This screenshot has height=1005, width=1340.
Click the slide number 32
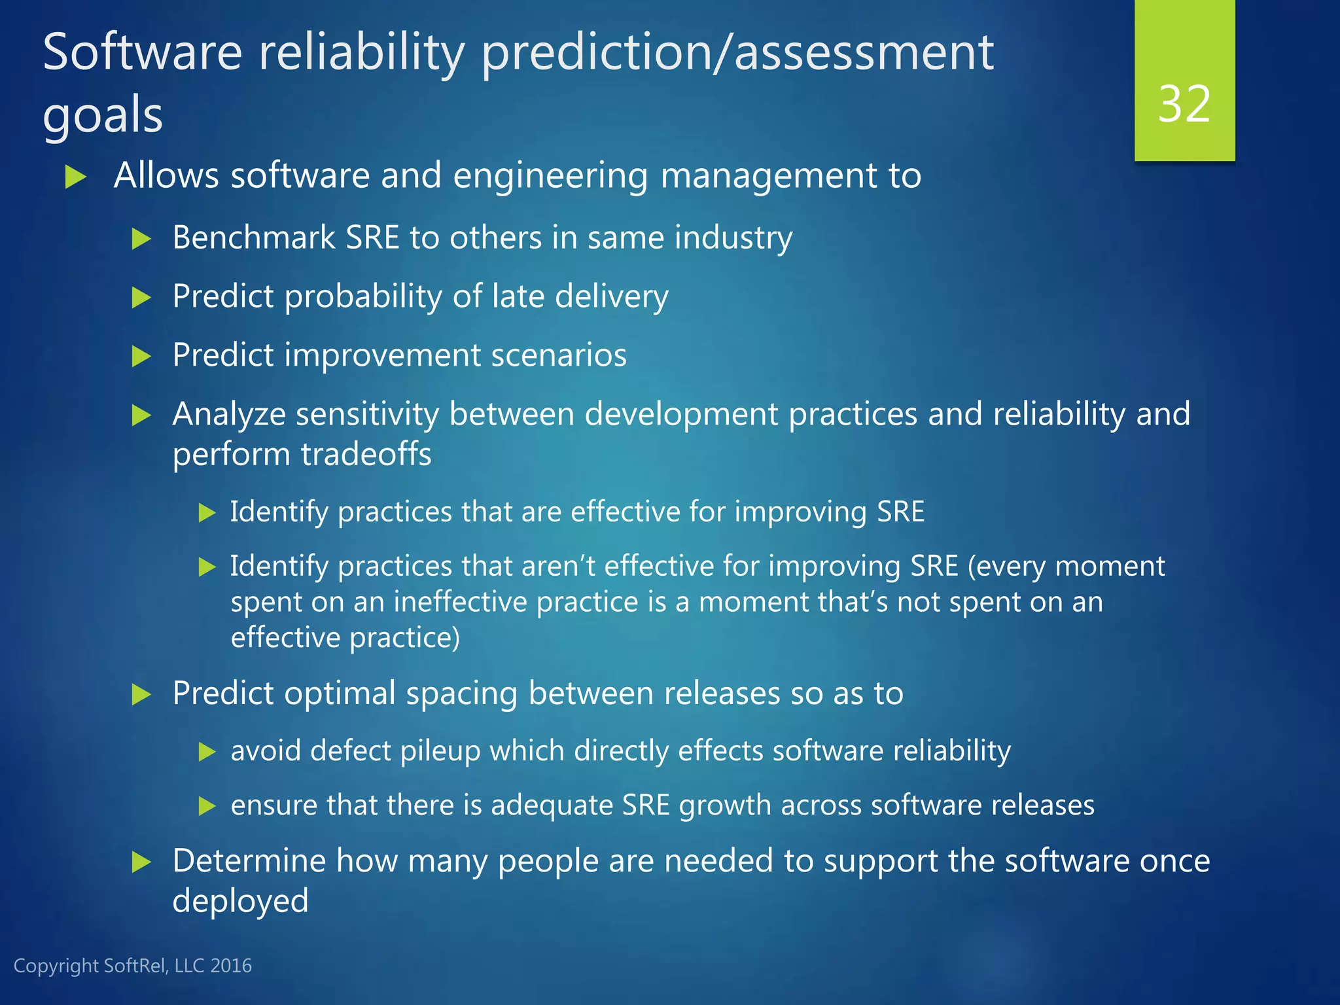(1184, 104)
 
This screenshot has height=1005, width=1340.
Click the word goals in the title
(103, 116)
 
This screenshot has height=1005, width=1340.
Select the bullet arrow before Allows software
(76, 177)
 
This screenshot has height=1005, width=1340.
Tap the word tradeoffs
(366, 454)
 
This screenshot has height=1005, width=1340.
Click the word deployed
(240, 901)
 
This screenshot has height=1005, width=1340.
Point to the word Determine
(249, 860)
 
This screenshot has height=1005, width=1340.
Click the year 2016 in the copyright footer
(231, 966)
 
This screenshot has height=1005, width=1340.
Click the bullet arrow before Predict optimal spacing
(141, 694)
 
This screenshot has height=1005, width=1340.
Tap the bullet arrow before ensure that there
(207, 806)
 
